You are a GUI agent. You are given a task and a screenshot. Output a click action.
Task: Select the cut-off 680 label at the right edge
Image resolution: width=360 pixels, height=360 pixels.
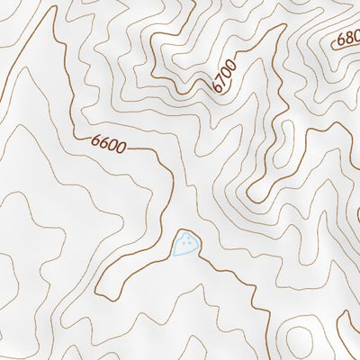(x=347, y=40)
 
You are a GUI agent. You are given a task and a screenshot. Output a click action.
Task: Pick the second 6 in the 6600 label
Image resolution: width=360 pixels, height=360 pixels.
(x=103, y=142)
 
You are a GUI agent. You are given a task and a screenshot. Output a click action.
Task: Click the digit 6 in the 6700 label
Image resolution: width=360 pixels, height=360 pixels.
(x=218, y=88)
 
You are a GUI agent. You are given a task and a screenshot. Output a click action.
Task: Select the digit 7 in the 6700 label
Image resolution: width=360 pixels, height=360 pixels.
(x=222, y=81)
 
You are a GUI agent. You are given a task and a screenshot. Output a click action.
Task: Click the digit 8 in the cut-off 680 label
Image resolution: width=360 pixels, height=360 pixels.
(x=347, y=40)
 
